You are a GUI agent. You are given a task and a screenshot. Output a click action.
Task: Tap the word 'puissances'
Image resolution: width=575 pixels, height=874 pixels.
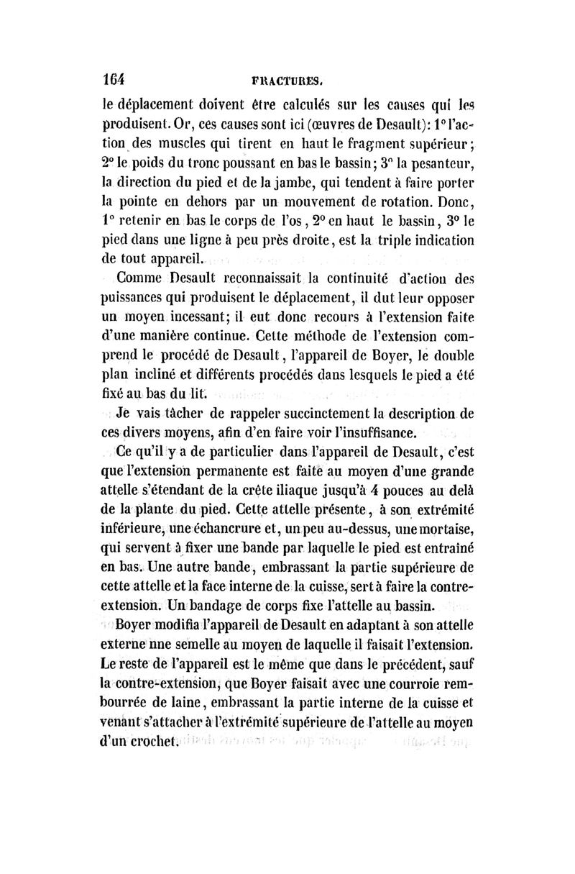(142, 298)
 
